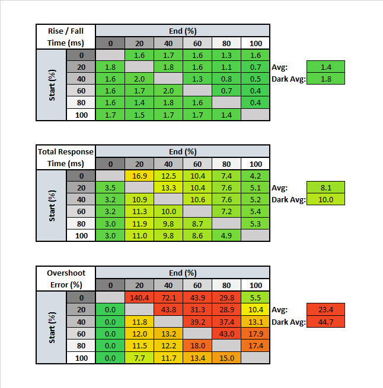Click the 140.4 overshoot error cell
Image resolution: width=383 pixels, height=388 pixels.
click(139, 297)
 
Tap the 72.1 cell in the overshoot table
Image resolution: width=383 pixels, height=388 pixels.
click(168, 297)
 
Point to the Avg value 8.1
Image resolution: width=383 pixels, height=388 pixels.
click(325, 187)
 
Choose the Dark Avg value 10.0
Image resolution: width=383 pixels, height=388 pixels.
click(325, 199)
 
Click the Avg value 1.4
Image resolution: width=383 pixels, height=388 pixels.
click(325, 66)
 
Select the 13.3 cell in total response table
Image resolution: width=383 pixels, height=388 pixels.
click(168, 187)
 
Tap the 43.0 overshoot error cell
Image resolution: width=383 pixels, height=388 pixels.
click(226, 333)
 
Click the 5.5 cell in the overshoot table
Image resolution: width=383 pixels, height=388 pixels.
click(255, 297)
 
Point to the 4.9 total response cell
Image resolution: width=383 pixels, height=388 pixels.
click(226, 235)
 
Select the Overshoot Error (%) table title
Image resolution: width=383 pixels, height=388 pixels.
click(66, 279)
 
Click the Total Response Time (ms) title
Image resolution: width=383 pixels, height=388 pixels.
click(66, 157)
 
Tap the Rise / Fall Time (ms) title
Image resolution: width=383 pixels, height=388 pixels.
click(66, 36)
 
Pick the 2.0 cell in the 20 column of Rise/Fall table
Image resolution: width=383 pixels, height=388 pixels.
click(139, 79)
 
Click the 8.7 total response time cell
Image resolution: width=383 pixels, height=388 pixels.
click(197, 224)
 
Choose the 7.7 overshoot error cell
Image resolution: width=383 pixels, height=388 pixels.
click(139, 357)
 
